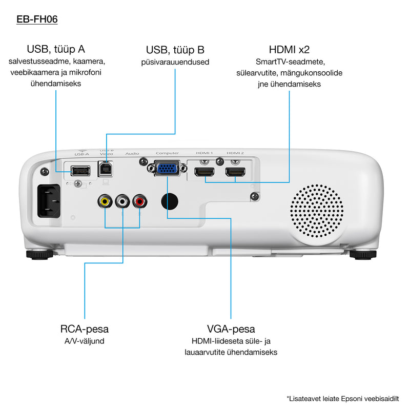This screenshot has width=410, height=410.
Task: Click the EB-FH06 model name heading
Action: [x=37, y=20]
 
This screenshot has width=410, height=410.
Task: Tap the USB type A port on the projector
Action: [x=79, y=170]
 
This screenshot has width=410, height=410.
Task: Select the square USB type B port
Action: [x=107, y=169]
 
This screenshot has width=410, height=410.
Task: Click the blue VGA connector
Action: [x=166, y=168]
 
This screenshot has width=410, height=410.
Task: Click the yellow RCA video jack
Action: [x=105, y=201]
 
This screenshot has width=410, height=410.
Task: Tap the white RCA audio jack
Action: [x=122, y=201]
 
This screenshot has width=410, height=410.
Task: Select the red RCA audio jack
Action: [x=139, y=201]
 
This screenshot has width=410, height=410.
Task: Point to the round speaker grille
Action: [x=316, y=210]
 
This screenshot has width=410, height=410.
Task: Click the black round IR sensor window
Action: [x=171, y=200]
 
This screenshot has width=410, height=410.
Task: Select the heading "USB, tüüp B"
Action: [x=175, y=50]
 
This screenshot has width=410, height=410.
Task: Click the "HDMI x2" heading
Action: [x=289, y=50]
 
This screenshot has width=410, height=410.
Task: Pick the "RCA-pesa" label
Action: [x=84, y=329]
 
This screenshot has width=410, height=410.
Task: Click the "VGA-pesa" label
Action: [x=231, y=329]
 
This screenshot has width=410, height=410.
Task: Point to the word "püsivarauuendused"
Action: [x=175, y=63]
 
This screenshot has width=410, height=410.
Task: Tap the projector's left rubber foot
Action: [x=39, y=253]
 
